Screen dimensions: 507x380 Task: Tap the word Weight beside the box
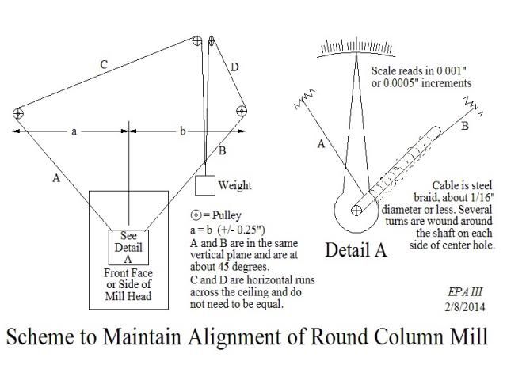coord(234,185)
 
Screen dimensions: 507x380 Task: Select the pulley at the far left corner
coord(18,113)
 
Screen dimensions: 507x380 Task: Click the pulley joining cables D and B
coord(242,111)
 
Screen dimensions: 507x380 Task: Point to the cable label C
coord(104,65)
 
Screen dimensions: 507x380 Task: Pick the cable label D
coord(234,67)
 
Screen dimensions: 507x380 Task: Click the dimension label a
coord(74,131)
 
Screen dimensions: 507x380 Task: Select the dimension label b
coord(182,131)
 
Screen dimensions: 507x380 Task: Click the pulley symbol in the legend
coord(196,215)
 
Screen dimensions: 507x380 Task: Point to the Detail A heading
coord(356,250)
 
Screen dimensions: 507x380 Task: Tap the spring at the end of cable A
coord(304,98)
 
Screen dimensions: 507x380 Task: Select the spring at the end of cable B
coord(474,105)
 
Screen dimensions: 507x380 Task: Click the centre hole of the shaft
coord(356,211)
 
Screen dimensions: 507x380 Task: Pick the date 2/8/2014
coord(465,306)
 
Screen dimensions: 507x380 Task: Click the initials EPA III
coord(465,292)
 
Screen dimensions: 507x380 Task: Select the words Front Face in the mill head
coord(128,273)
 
